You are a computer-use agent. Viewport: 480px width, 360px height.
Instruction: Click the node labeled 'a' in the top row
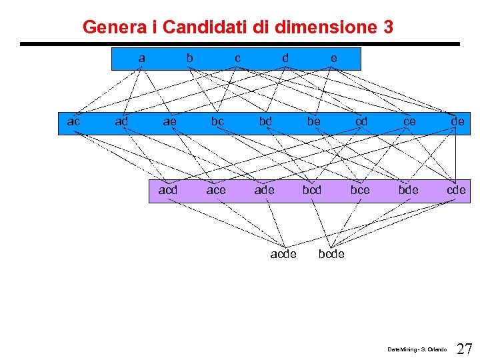pos(141,58)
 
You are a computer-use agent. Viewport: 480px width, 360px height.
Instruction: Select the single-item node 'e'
pos(333,58)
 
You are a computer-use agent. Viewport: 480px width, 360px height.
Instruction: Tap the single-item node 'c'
pos(237,58)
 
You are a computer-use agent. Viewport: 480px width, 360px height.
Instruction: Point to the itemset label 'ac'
pos(74,121)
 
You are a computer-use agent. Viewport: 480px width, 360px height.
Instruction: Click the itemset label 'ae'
pos(170,121)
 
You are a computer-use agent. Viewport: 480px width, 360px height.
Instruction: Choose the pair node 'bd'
pos(265,121)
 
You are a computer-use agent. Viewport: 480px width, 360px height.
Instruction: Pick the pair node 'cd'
pos(361,121)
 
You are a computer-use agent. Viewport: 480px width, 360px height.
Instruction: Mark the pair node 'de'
pos(457,121)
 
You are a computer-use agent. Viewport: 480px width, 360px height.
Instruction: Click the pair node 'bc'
pos(217,121)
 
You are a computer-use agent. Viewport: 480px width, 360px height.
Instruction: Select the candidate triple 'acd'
pos(168,190)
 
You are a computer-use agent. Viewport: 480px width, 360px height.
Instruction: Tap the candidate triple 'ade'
pos(264,190)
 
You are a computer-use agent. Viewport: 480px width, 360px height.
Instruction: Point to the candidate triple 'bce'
pos(360,190)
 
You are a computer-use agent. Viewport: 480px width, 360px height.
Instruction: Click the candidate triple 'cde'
pos(456,190)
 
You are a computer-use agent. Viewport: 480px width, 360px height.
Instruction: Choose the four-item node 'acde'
pos(283,254)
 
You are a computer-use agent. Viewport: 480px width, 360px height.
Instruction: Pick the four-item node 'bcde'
pos(331,254)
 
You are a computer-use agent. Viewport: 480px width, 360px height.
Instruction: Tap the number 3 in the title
pos(388,27)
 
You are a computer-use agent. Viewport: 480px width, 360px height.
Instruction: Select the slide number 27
pos(465,349)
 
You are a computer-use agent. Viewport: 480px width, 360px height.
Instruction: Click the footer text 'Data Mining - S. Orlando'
pos(417,349)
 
